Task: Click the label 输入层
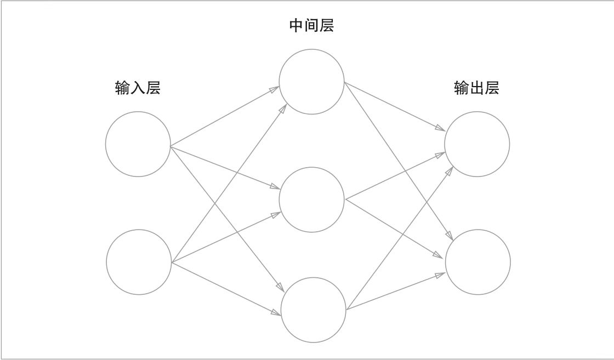[138, 88]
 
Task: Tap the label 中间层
[311, 25]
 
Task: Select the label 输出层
[476, 88]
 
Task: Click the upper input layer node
[138, 144]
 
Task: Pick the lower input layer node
[139, 262]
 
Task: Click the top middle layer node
[312, 82]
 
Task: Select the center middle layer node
[312, 199]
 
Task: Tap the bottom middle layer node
[314, 310]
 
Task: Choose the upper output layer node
[477, 144]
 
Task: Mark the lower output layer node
[477, 262]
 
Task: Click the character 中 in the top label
[297, 25]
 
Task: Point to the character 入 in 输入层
[138, 88]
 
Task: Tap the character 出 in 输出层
[476, 88]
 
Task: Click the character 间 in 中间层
[311, 25]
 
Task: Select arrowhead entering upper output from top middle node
[441, 129]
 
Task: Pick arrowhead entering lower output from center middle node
[439, 255]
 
